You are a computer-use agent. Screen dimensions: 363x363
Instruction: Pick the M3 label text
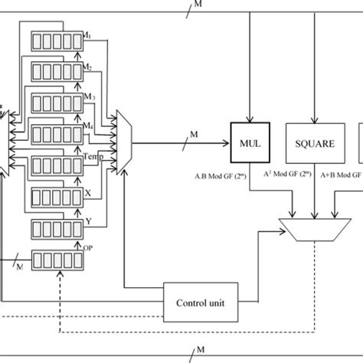click(x=89, y=96)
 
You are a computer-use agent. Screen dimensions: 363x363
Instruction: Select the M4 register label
click(x=88, y=126)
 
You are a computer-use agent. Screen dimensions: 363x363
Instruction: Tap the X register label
click(x=87, y=193)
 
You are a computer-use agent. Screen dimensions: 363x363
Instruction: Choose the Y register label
click(x=87, y=223)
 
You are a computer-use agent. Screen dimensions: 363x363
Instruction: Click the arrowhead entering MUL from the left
click(x=227, y=142)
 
